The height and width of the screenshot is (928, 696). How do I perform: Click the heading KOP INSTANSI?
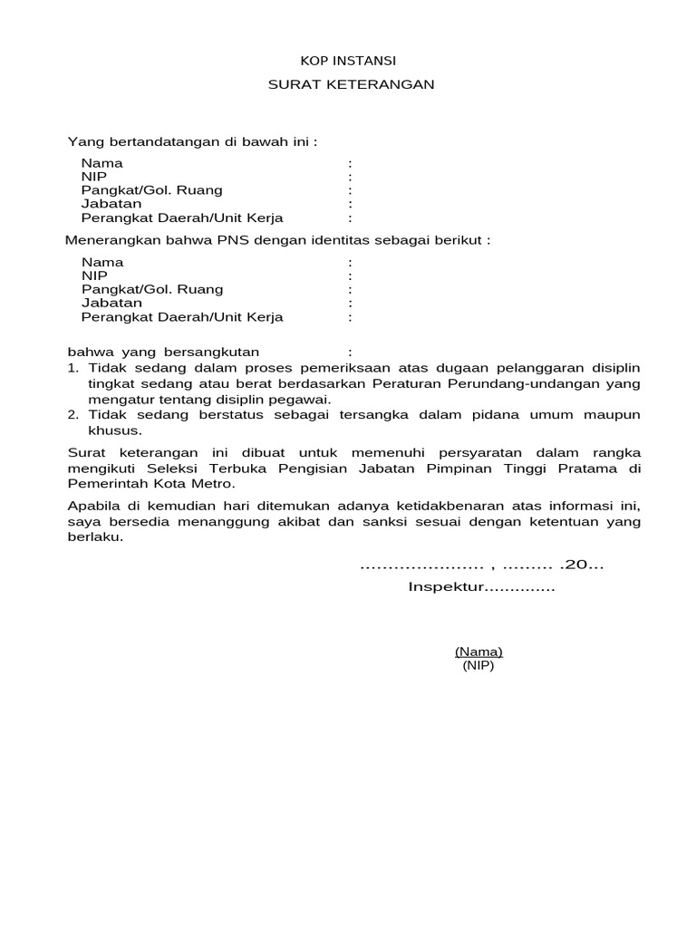pos(348,61)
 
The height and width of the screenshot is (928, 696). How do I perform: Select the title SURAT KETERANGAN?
pos(352,84)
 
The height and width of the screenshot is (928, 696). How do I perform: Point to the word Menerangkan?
pos(109,241)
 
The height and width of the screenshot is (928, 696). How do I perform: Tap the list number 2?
pos(73,414)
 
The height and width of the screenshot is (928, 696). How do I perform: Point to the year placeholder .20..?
pos(582,565)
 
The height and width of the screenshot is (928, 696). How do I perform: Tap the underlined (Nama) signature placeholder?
pos(478,652)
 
